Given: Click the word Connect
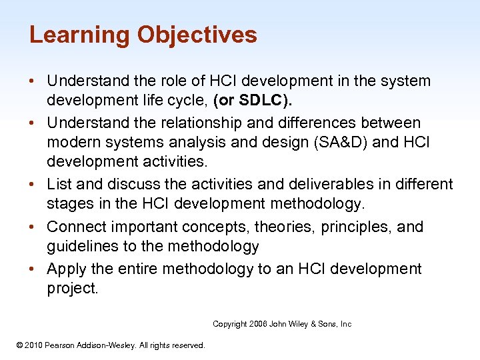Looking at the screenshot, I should (x=75, y=227).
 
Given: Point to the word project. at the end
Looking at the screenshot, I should (x=73, y=289).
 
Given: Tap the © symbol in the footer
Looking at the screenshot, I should (x=19, y=345).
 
